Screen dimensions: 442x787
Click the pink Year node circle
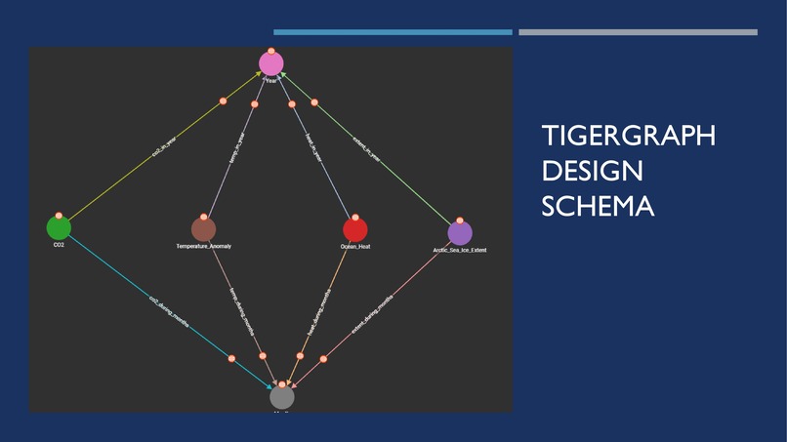tap(270, 63)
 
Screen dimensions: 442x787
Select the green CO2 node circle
tap(59, 228)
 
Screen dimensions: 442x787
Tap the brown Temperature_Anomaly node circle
tap(203, 229)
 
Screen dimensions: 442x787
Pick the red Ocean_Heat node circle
tap(355, 229)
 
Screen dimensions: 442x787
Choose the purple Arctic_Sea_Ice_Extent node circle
tap(460, 233)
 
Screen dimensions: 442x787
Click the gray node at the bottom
tap(281, 397)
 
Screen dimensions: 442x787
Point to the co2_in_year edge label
tap(164, 146)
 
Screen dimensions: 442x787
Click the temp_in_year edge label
tap(236, 146)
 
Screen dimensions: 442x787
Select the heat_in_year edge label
tap(312, 146)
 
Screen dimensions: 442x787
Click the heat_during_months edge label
tap(319, 308)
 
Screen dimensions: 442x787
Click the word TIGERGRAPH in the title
tap(628, 136)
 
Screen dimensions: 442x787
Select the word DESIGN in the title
tap(592, 171)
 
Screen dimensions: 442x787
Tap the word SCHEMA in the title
tap(598, 206)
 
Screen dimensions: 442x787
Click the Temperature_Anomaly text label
tap(203, 247)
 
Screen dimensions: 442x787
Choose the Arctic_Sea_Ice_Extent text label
tap(459, 251)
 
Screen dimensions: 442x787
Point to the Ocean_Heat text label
tap(355, 247)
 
